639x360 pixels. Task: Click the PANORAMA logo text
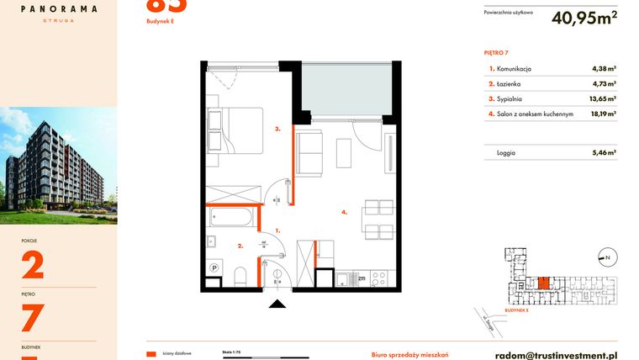pos(58,8)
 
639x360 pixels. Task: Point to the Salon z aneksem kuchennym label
pos(535,113)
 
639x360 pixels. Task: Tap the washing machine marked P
pos(214,268)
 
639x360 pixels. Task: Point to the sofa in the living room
pos(310,153)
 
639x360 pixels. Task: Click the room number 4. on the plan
pos(345,212)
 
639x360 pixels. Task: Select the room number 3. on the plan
pos(276,129)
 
